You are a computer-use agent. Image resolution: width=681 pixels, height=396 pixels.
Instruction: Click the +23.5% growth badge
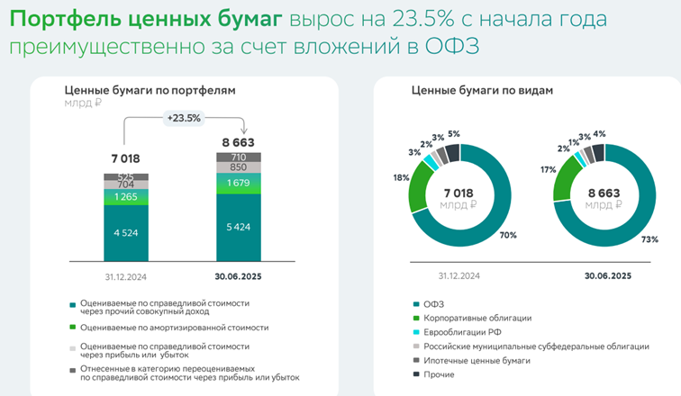coord(184,118)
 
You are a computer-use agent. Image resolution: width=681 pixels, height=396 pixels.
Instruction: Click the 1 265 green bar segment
coord(125,198)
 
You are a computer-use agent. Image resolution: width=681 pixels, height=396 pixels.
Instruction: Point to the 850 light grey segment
coord(239,167)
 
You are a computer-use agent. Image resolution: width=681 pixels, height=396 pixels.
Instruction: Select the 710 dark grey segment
coord(239,157)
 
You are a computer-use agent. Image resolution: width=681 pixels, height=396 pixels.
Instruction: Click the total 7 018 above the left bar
coord(125,160)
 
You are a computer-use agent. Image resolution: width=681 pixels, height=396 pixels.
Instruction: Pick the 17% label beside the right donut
coord(547,170)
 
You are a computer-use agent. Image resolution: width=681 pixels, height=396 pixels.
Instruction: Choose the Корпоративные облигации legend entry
coord(471,318)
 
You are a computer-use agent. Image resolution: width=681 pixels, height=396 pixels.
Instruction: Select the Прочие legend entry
coord(440,375)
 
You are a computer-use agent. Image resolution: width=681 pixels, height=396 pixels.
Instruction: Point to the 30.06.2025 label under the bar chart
coord(239,276)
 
